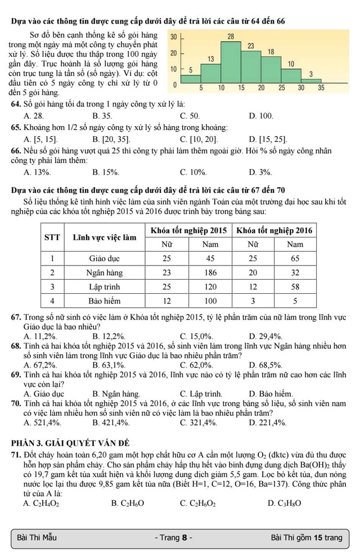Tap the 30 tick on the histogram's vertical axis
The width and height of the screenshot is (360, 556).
click(x=174, y=36)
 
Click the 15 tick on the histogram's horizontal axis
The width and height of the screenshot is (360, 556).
click(x=241, y=88)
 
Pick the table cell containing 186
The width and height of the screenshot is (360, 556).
click(x=210, y=272)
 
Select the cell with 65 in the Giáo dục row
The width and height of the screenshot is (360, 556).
click(x=295, y=258)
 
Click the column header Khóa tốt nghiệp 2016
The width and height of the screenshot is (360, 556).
click(x=274, y=230)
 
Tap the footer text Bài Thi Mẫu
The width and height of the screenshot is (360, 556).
click(x=37, y=537)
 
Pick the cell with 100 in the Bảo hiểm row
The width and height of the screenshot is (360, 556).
click(x=210, y=301)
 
